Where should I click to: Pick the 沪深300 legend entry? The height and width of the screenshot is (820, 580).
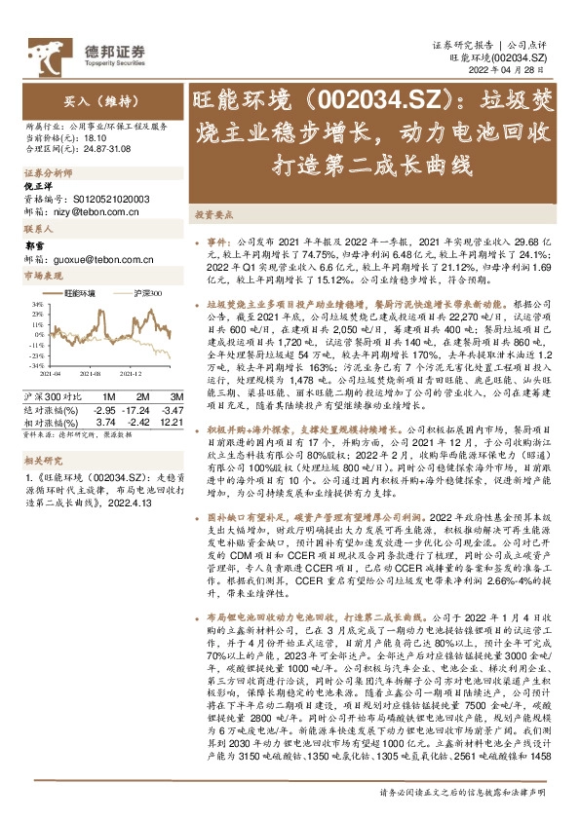146,291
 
